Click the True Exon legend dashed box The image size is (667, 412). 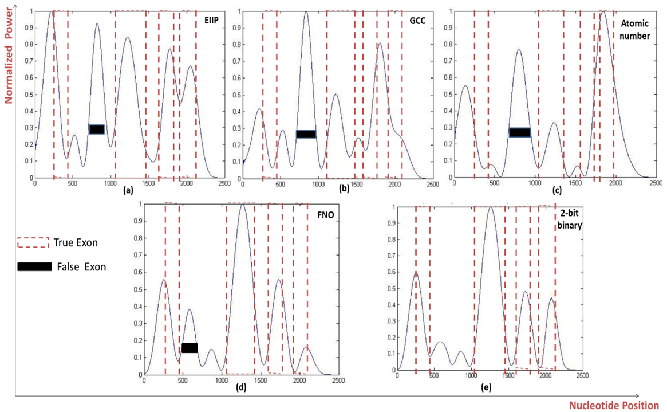[33, 242]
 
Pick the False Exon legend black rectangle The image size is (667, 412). [34, 266]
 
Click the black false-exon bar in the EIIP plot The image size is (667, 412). [96, 130]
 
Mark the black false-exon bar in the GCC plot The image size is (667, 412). [306, 134]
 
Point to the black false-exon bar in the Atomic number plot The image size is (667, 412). [520, 132]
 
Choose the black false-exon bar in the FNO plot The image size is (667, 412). [190, 348]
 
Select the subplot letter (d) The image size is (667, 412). [241, 388]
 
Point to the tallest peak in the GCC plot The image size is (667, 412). [306, 12]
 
